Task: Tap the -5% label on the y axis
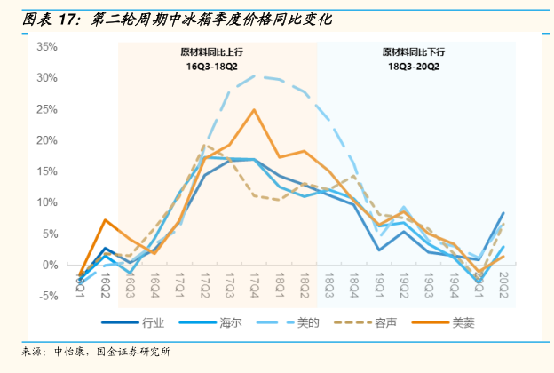click(x=48, y=297)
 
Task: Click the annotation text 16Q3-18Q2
click(x=211, y=67)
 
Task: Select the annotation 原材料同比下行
click(x=413, y=51)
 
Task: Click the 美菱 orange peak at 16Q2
click(x=106, y=219)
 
